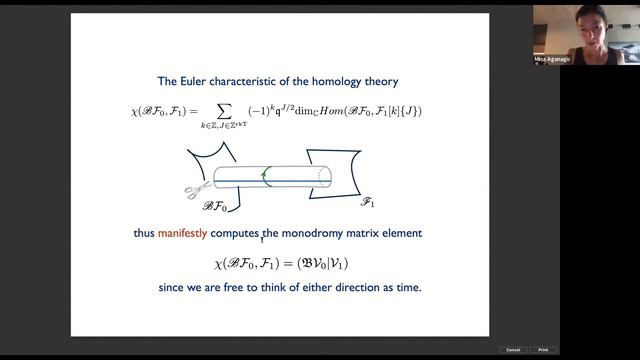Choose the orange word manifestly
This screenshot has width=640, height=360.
pyautogui.click(x=183, y=233)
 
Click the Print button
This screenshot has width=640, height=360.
pyautogui.click(x=541, y=350)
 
